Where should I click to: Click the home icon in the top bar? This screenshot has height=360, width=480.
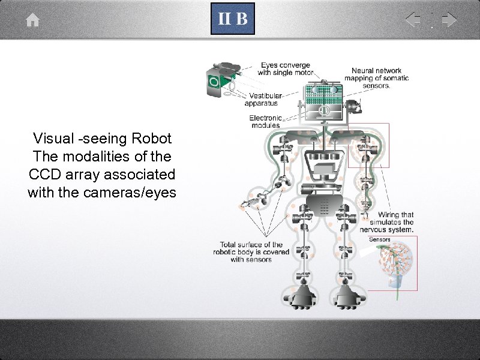33,20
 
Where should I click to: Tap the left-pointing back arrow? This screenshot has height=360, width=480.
413,20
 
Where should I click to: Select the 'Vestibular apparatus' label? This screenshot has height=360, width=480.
265,100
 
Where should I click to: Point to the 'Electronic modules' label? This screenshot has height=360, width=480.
265,121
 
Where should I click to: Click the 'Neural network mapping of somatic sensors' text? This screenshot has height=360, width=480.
376,78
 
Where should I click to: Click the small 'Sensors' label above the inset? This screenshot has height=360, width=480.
379,239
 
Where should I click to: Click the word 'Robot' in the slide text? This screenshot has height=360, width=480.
152,139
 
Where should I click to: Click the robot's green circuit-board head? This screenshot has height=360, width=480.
322,92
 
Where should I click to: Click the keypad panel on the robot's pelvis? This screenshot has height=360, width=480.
325,206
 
